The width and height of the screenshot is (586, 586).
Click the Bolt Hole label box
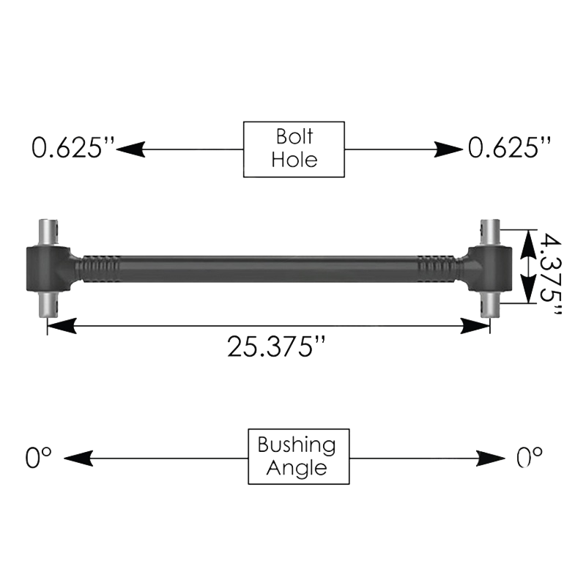[x=294, y=149]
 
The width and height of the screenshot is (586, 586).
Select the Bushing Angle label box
[x=299, y=456]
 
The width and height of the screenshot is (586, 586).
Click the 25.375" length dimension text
[x=275, y=346]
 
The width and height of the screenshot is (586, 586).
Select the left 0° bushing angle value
[x=39, y=459]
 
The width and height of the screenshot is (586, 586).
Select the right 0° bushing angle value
[x=530, y=459]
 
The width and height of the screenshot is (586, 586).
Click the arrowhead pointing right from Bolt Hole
[x=450, y=149]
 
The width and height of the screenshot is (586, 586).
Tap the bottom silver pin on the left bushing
[x=49, y=304]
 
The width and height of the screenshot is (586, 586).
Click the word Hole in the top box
[x=294, y=160]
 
